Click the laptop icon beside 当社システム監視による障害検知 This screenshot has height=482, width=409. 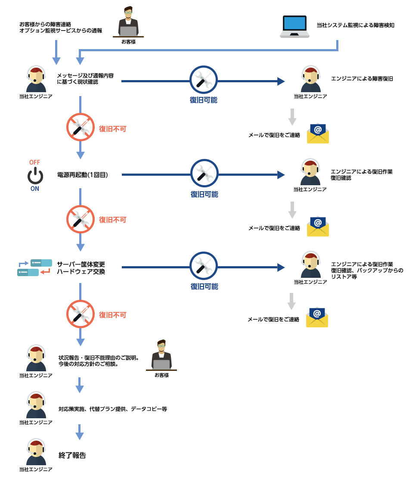coord(294,27)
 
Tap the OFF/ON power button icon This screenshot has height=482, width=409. coord(35,176)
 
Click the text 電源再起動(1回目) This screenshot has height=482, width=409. coord(82,175)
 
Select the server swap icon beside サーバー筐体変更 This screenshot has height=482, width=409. coord(34,267)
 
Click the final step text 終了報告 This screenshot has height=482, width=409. coord(72,455)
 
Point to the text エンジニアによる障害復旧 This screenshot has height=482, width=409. coord(362,79)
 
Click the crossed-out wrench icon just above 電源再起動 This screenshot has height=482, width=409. coord(80,127)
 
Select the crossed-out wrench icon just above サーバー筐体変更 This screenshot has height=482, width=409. coord(80,219)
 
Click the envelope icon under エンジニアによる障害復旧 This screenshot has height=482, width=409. coord(318,134)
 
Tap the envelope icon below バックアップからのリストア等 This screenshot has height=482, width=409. coord(317,317)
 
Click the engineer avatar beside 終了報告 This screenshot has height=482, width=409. coord(36,452)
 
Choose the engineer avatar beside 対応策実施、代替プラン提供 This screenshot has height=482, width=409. coord(36,405)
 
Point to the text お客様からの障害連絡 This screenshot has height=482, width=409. coord(45,24)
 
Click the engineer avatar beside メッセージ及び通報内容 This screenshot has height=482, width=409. coord(36,80)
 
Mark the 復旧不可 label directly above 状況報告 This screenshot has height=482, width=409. coord(113,315)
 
